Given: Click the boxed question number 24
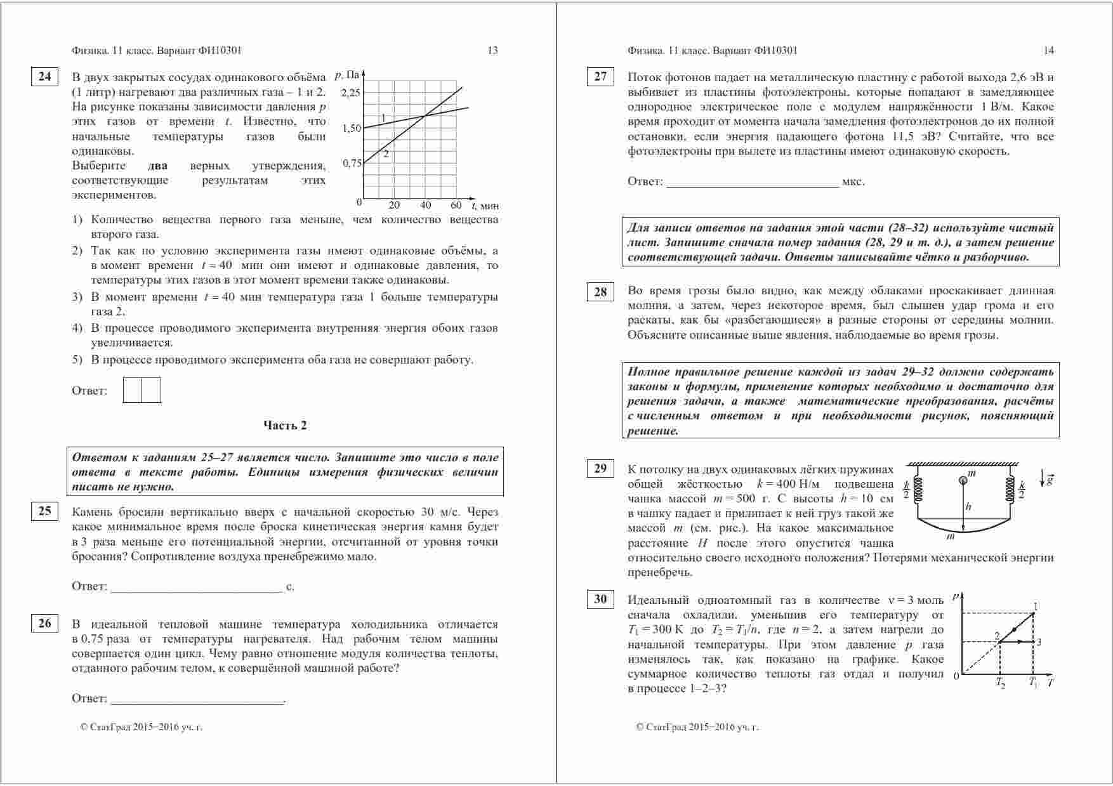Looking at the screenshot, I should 44,77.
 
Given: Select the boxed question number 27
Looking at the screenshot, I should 600,77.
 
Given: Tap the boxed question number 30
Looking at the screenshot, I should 600,599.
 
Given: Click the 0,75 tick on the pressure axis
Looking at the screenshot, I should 352,163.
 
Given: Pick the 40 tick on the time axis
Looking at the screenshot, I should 425,206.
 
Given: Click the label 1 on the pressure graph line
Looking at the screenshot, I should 383,119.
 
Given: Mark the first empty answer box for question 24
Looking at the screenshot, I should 133,390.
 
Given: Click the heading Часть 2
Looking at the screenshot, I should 285,426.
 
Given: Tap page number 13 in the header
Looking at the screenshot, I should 492,51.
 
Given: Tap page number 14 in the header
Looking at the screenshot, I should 1048,51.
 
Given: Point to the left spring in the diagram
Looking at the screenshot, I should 918,489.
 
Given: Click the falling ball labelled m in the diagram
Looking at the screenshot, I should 963,480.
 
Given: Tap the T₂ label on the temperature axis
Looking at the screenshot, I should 1000,683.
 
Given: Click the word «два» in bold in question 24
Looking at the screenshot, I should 157,166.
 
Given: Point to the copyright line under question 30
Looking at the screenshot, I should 697,728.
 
